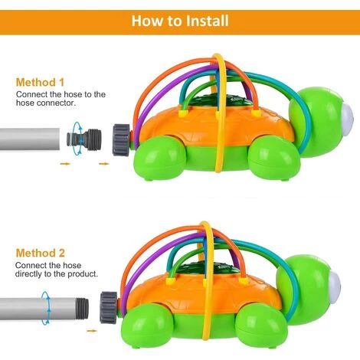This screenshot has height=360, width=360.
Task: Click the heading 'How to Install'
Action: (180, 21)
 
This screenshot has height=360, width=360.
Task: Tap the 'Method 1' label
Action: (40, 82)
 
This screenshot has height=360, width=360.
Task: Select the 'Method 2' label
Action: (41, 253)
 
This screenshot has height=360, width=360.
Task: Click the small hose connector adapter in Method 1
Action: (84, 139)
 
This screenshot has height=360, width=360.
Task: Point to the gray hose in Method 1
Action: (30, 139)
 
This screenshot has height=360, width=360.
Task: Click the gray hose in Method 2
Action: (44, 308)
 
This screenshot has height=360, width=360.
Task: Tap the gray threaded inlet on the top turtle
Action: (121, 139)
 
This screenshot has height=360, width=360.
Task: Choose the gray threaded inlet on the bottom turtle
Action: (109, 308)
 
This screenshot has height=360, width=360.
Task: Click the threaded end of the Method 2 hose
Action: (82, 308)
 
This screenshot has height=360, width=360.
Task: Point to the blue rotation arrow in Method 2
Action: (46, 308)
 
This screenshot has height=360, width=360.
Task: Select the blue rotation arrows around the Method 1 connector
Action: (77, 139)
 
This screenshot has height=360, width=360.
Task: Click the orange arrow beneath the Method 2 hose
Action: (92, 331)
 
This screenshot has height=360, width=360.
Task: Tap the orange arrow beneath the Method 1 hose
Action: (65, 164)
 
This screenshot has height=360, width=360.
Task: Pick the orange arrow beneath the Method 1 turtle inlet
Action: (104, 164)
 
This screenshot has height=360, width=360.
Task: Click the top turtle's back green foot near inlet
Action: (160, 157)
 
